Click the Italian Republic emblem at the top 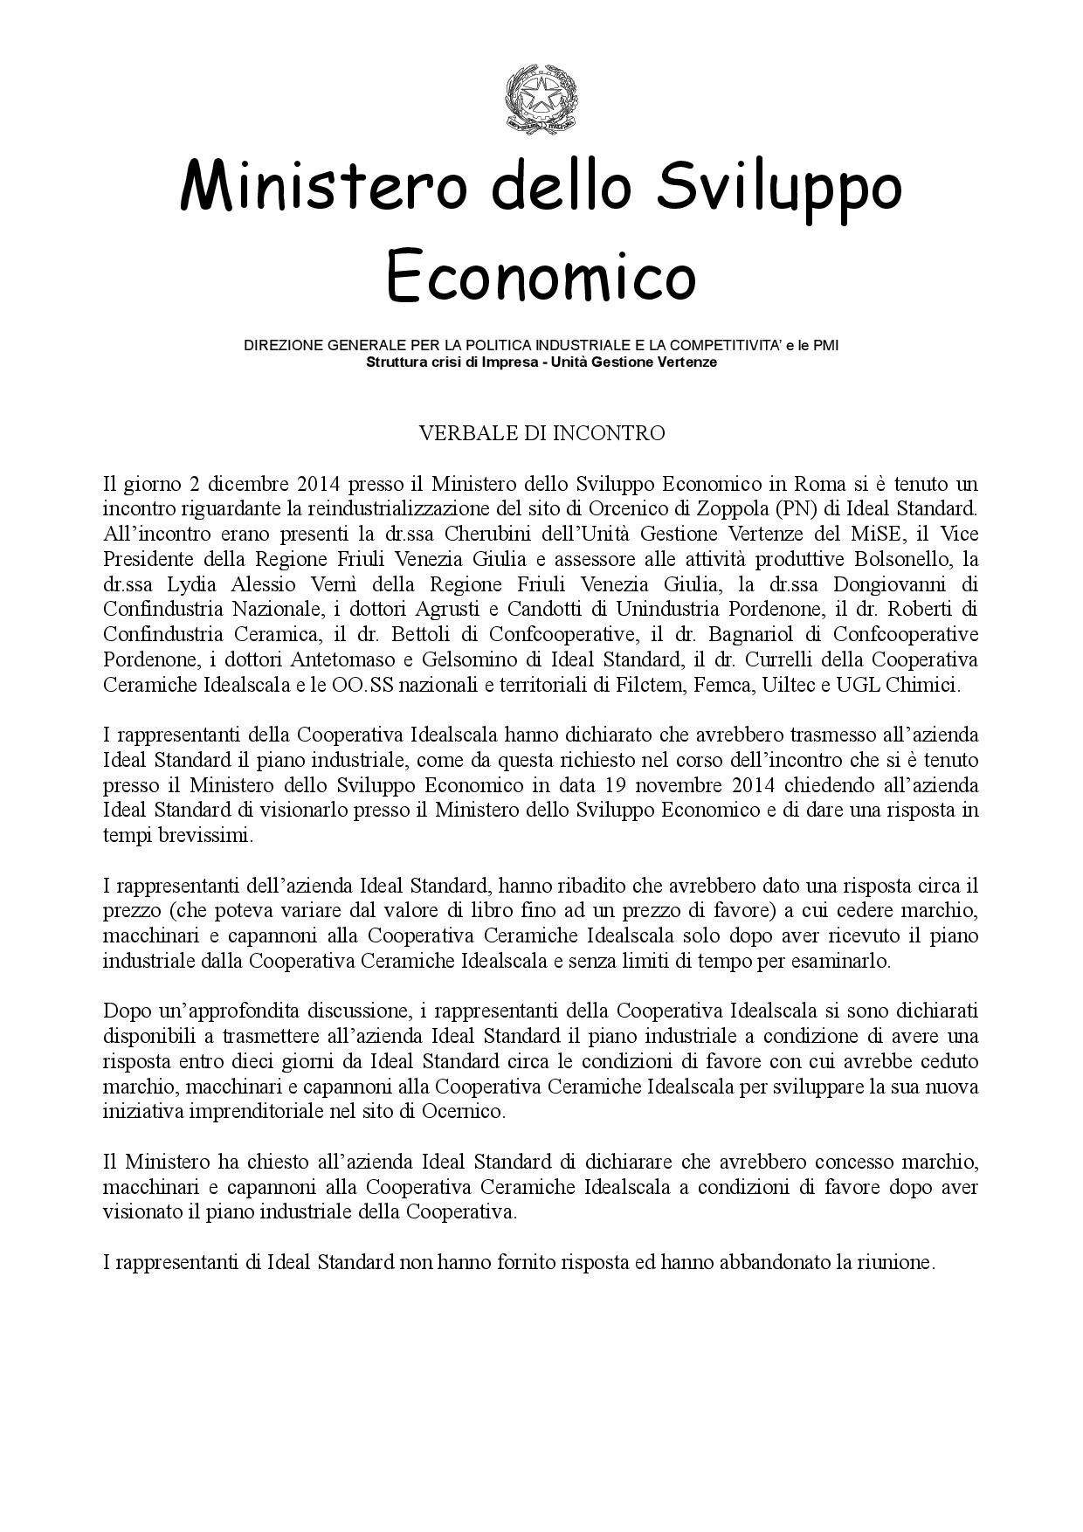click(x=541, y=104)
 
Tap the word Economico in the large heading click(x=541, y=274)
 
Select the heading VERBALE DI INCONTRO click(x=541, y=433)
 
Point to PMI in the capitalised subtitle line click(x=825, y=346)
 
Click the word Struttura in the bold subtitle click(x=396, y=362)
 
